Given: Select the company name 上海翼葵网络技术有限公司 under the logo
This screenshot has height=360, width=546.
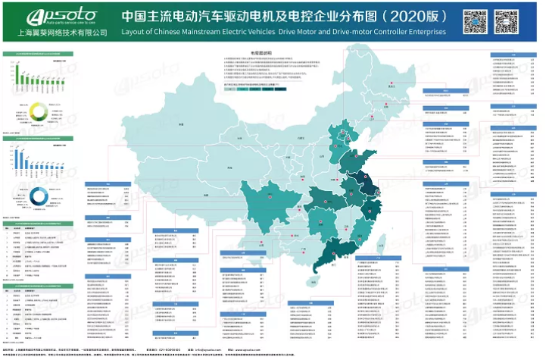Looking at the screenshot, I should tap(50, 33).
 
